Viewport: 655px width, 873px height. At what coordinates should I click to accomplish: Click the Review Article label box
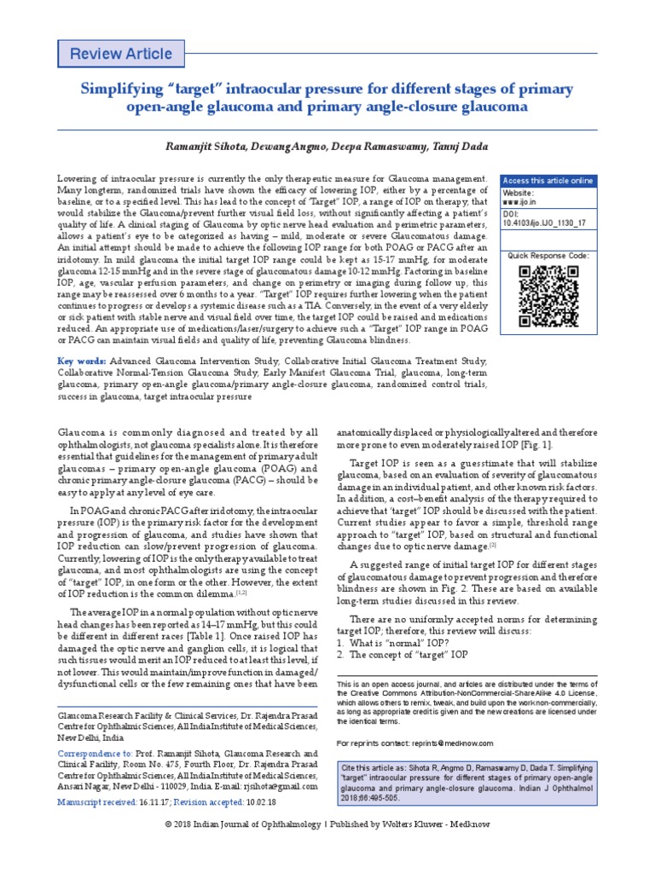121,54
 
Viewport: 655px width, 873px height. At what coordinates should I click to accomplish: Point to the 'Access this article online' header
548,181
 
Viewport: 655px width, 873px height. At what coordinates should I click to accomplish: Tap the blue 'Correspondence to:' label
95,754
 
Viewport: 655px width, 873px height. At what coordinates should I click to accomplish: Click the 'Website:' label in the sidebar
519,194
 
